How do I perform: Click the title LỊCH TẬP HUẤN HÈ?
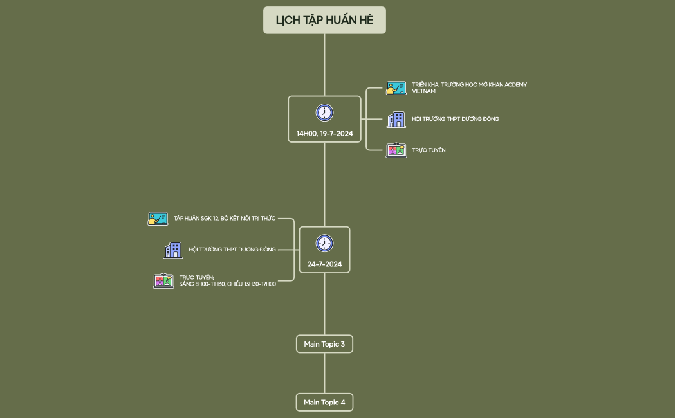(324, 20)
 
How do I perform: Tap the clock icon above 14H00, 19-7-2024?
(324, 113)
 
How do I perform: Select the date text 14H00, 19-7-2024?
(324, 134)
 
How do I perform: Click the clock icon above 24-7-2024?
(324, 243)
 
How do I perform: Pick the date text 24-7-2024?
(324, 264)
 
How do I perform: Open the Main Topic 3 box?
(324, 344)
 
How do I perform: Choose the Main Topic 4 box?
(324, 403)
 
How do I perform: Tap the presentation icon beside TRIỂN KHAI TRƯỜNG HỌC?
(396, 88)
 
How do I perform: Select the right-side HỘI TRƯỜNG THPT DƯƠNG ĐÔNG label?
(455, 119)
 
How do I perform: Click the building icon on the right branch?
(396, 119)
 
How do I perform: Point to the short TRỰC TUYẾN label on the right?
(429, 150)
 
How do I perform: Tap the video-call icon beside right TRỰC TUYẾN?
(396, 150)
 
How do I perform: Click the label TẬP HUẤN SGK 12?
(224, 219)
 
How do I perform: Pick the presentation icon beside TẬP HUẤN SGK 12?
(158, 219)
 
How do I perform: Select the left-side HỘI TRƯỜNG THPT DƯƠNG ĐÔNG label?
(232, 250)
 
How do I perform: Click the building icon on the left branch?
(172, 250)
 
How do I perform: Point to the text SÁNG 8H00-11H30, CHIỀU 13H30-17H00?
(227, 284)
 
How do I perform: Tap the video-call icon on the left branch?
(163, 280)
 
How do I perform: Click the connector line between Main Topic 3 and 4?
(324, 373)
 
